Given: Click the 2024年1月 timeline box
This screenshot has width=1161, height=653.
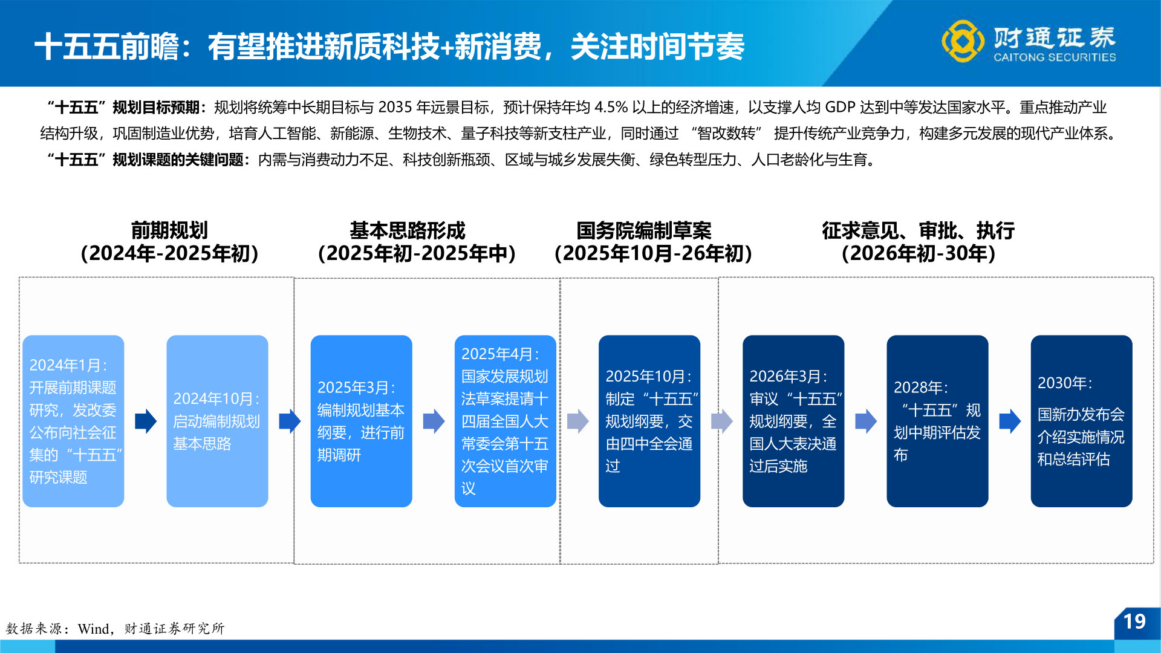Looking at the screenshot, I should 73,421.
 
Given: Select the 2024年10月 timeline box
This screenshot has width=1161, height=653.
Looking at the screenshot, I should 217,421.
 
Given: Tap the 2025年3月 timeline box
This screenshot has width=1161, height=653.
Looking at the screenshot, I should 361,421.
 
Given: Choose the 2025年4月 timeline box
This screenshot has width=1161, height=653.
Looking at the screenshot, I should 505,421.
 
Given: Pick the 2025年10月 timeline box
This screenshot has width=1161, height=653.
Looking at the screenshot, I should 649,421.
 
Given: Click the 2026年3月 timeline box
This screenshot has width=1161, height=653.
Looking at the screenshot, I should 793,421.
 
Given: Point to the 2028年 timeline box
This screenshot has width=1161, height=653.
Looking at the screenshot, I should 937,421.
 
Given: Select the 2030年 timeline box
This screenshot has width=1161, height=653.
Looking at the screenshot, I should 1081,421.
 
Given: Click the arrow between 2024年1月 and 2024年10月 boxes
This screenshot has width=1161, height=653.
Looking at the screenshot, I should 146,421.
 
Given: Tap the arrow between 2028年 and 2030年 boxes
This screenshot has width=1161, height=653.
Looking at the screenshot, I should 1010,421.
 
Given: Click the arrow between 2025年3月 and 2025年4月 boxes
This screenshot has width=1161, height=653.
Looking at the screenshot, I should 434,421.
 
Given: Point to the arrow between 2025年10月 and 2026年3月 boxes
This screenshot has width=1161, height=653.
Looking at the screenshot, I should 721,421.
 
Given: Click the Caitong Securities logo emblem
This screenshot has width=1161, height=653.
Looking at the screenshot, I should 962,41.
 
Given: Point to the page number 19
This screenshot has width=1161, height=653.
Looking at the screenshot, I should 1134,622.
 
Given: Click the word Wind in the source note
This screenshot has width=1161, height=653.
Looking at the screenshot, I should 94,629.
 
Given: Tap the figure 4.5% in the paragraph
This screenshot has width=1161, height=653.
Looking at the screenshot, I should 611,108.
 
